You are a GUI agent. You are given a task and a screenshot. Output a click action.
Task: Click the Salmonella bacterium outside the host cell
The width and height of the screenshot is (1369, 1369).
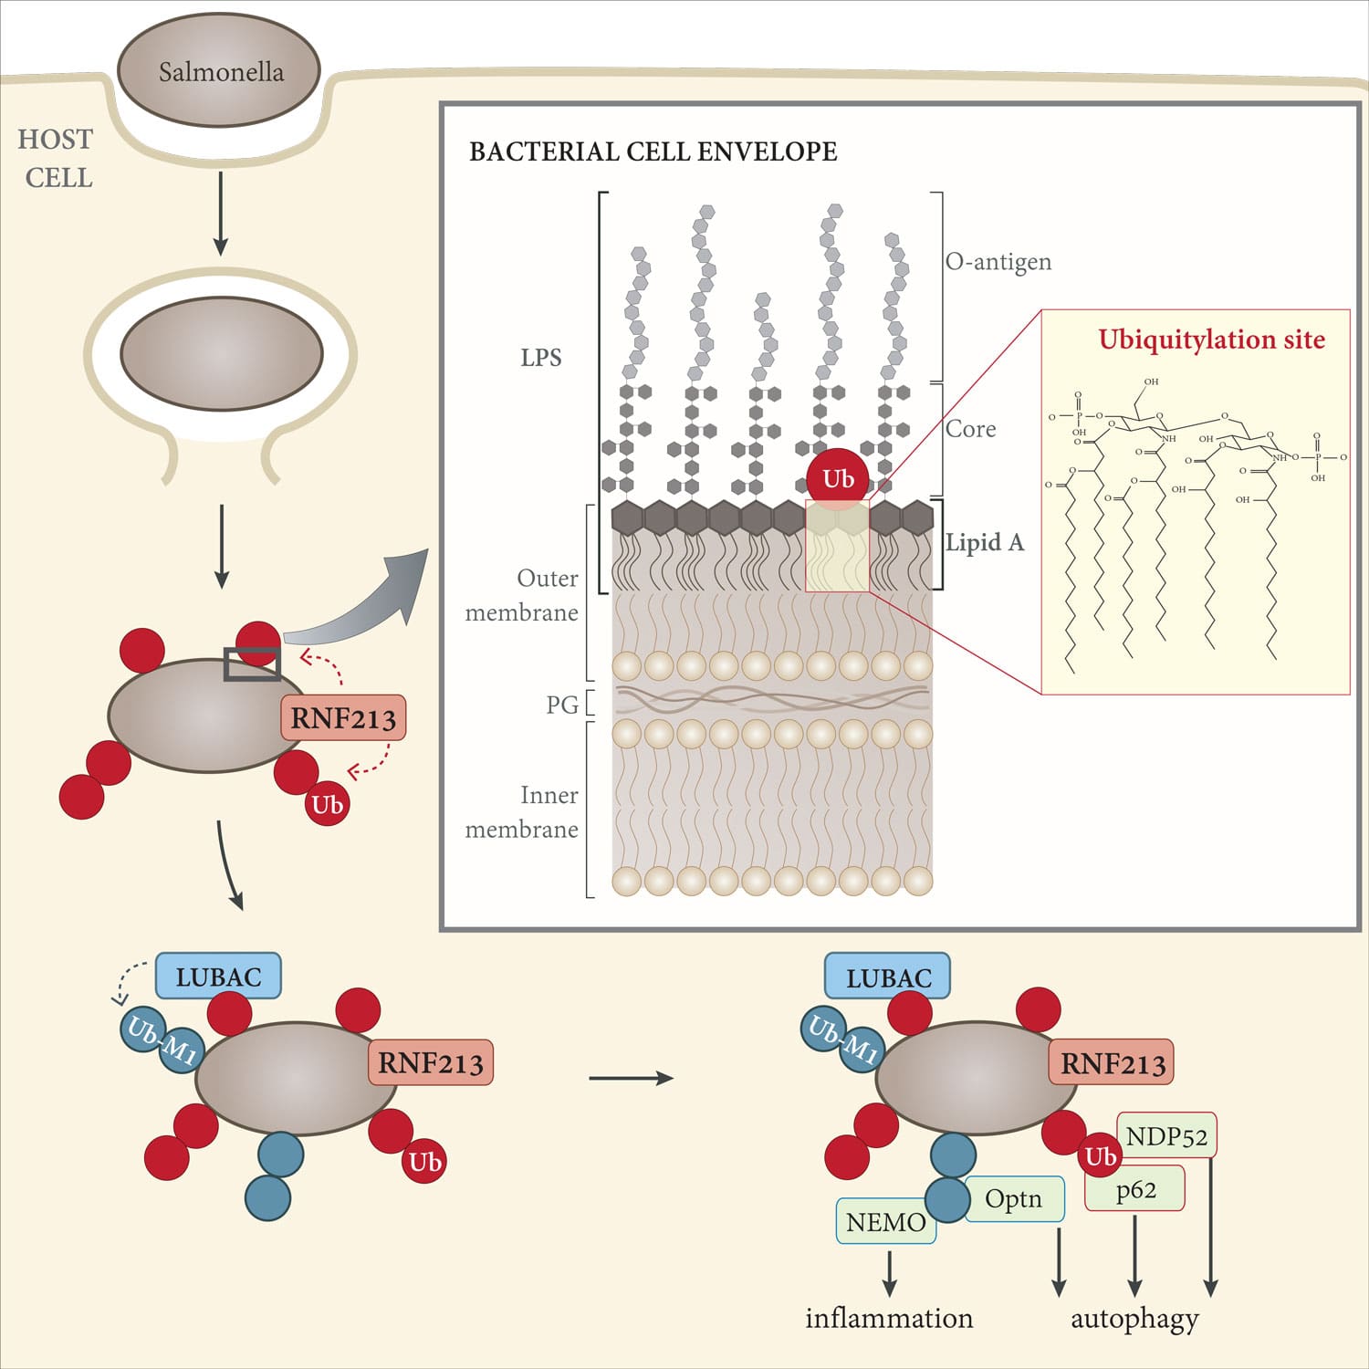pos(219,70)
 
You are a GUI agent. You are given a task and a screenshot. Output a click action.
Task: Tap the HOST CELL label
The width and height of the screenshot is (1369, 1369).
pos(57,158)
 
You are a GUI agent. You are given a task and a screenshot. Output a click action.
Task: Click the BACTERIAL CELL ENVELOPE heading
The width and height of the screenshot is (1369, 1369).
pos(653,152)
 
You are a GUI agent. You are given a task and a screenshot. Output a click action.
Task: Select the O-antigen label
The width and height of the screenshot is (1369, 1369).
pos(998,262)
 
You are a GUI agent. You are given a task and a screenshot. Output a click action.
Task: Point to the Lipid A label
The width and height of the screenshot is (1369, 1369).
pos(985,543)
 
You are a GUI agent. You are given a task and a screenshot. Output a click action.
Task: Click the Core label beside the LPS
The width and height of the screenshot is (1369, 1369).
pos(970,429)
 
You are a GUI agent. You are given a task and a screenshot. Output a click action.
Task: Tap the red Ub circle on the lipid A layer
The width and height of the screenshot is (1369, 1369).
pos(838,478)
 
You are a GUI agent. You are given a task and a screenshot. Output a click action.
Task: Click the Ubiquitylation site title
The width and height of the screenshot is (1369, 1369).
pos(1211,340)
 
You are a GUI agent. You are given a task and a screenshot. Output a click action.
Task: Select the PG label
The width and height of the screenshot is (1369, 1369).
pos(562,705)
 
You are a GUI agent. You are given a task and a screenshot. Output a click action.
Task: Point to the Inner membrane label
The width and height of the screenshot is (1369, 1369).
pos(523,812)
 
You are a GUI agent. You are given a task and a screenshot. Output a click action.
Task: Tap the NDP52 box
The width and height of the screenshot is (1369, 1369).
pos(1166,1136)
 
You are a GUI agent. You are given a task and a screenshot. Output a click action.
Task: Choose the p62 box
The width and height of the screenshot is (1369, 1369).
pos(1135,1189)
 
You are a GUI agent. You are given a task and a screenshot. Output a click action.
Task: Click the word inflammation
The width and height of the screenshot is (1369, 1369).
pos(889,1319)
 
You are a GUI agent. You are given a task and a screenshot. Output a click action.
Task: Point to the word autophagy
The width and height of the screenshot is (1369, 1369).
pos(1134,1319)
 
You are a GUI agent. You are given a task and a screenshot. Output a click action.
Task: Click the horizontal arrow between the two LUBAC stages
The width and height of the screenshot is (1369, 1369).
pos(631,1078)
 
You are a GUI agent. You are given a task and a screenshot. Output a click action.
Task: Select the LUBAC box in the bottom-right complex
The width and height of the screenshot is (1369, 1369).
pos(887,977)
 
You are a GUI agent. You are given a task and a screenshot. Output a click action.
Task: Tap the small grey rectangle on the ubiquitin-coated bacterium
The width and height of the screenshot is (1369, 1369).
pos(252,664)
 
